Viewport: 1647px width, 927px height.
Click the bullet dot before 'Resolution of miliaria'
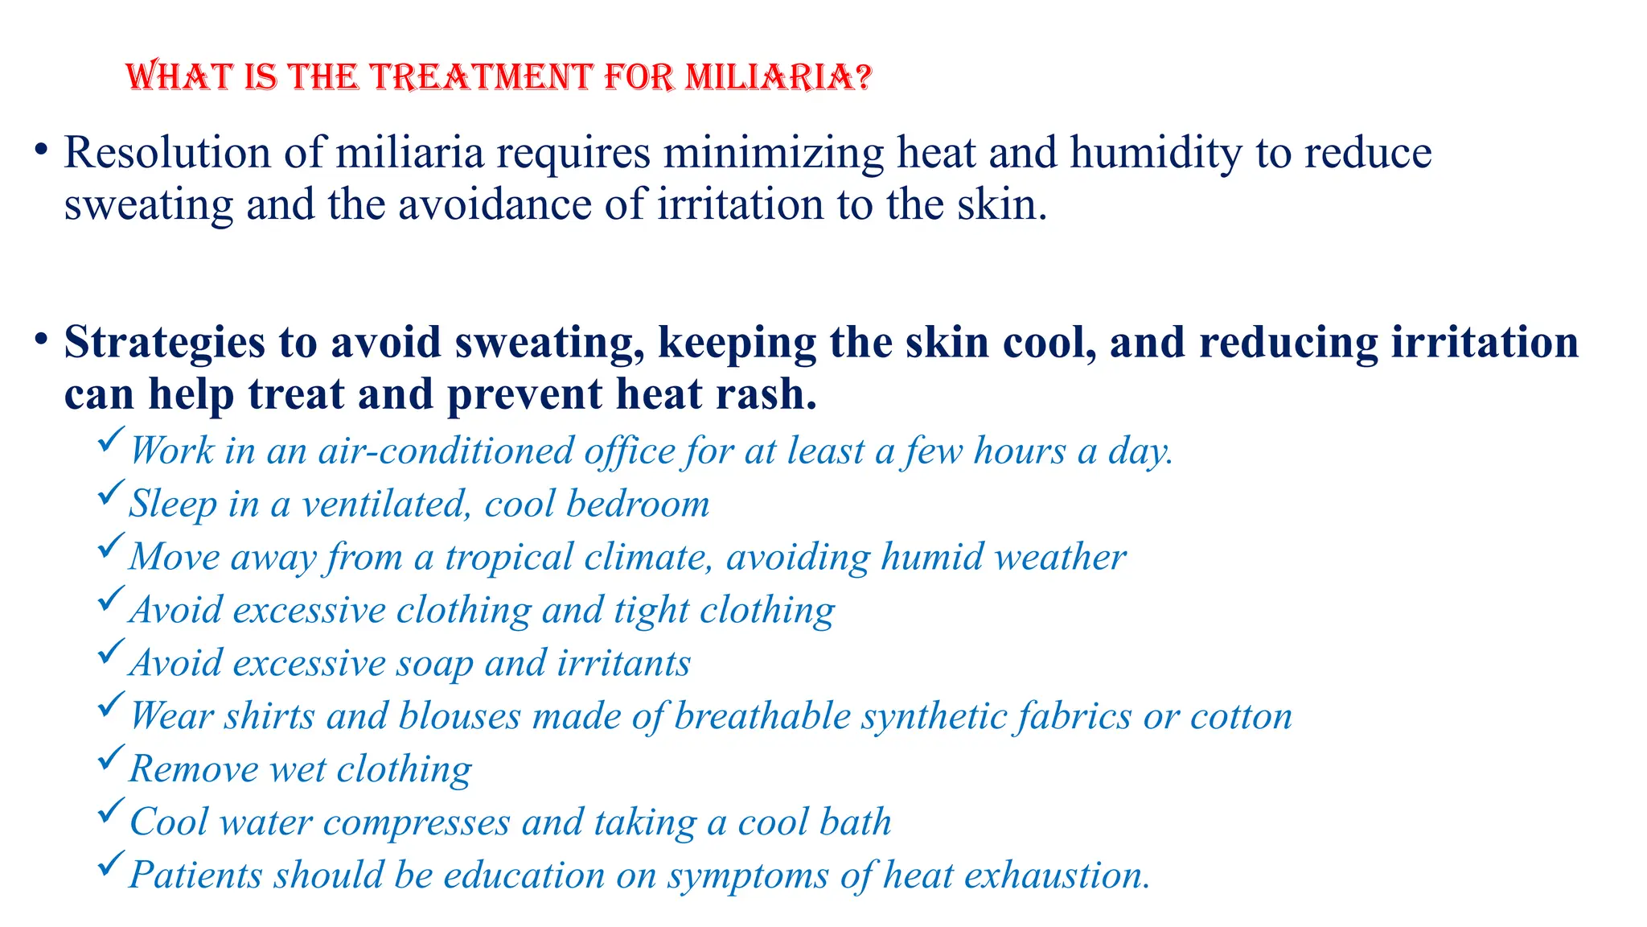coord(39,150)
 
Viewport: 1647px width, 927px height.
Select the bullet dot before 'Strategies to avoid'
coord(39,340)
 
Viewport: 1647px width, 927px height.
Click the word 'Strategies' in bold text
coord(164,343)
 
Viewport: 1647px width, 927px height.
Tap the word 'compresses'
coord(417,822)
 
